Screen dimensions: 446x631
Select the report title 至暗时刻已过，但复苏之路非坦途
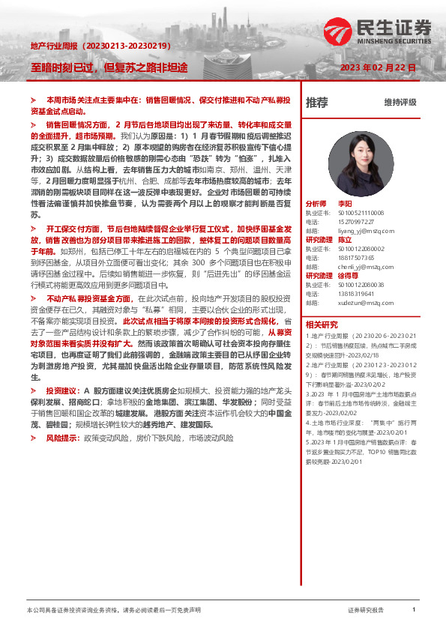tap(109, 67)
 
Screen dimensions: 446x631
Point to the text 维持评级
tap(400, 103)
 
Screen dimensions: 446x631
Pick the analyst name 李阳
tap(345, 203)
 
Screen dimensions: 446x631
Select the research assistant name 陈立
tap(345, 239)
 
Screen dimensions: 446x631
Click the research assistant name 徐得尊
tap(348, 275)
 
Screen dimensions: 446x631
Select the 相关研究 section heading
tap(322, 324)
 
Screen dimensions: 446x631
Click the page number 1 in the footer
tap(414, 610)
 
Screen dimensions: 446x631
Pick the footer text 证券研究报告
tap(366, 610)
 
